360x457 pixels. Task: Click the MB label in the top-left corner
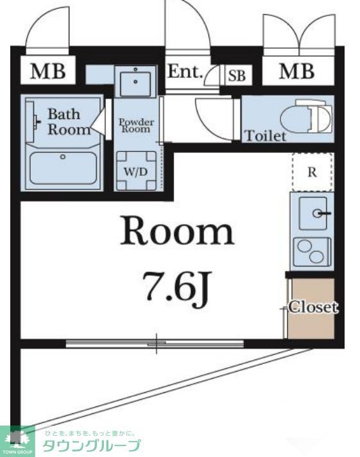pyautogui.click(x=48, y=71)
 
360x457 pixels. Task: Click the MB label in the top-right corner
pyautogui.click(x=297, y=71)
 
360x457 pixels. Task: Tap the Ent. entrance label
pyautogui.click(x=185, y=71)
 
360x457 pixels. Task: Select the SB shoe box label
pyautogui.click(x=237, y=76)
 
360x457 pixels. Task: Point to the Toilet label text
pyautogui.click(x=265, y=136)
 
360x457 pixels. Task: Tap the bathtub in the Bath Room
pyautogui.click(x=63, y=168)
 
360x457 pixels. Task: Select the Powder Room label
pyautogui.click(x=136, y=126)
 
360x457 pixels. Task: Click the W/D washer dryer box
pyautogui.click(x=136, y=171)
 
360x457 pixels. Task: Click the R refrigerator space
pyautogui.click(x=313, y=172)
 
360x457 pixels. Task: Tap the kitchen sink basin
pyautogui.click(x=313, y=214)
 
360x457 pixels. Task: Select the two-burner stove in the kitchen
pyautogui.click(x=313, y=252)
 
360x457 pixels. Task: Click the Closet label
pyautogui.click(x=313, y=307)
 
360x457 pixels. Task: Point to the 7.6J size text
pyautogui.click(x=176, y=286)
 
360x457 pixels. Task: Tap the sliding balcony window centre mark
pyautogui.click(x=157, y=343)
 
